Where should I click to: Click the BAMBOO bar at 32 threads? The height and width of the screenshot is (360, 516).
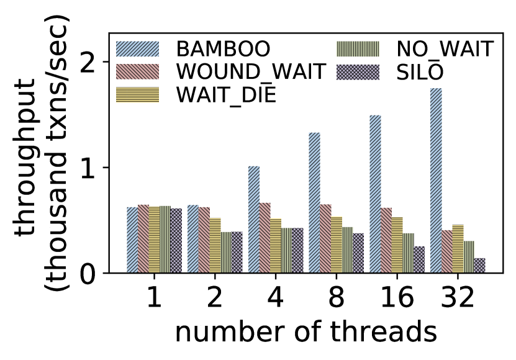[x=436, y=181]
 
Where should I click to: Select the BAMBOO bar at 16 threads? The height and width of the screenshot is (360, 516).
[x=375, y=194]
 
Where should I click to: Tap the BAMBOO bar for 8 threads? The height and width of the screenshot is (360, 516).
[x=314, y=203]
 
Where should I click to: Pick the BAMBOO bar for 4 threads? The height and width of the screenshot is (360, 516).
[x=254, y=220]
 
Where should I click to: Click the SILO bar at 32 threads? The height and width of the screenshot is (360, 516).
[x=480, y=266]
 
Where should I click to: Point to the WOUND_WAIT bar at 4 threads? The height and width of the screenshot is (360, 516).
[x=265, y=238]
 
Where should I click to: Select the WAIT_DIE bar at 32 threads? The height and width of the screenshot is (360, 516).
[x=458, y=249]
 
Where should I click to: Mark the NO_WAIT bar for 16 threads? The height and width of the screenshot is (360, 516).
[x=408, y=253]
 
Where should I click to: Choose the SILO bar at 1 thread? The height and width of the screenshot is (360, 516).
[x=176, y=241]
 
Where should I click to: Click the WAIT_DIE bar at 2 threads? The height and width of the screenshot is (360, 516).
[x=215, y=246]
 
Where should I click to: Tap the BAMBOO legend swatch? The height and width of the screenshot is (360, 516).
[x=138, y=48]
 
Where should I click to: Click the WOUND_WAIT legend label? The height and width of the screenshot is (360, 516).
[x=251, y=71]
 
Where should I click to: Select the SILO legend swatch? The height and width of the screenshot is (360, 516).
[x=358, y=72]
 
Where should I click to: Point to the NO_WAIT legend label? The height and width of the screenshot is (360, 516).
[x=445, y=50]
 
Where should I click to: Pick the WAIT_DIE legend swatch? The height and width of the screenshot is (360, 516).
[x=138, y=95]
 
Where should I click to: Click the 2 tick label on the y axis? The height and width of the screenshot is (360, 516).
[x=88, y=61]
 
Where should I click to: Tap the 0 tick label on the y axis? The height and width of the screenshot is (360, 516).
[x=88, y=273]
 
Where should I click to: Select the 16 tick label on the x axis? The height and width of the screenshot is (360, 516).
[x=397, y=297]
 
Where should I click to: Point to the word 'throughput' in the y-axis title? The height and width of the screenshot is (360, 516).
[x=25, y=157]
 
